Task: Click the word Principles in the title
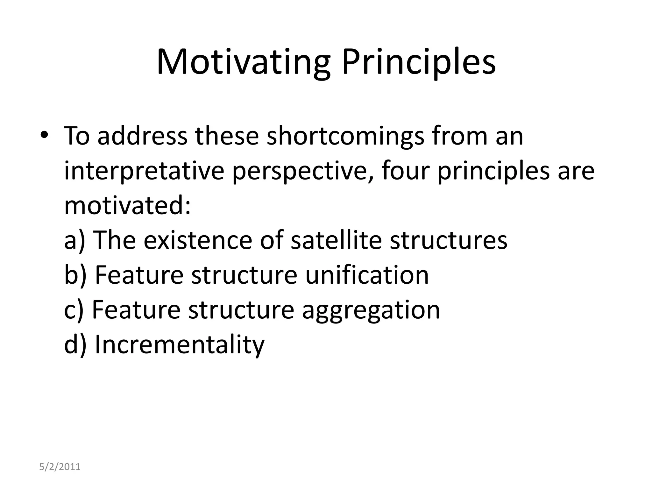418,62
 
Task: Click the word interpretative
144,171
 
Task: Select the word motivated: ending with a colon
127,205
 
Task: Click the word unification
367,275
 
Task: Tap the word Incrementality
180,344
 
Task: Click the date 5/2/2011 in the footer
60,467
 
